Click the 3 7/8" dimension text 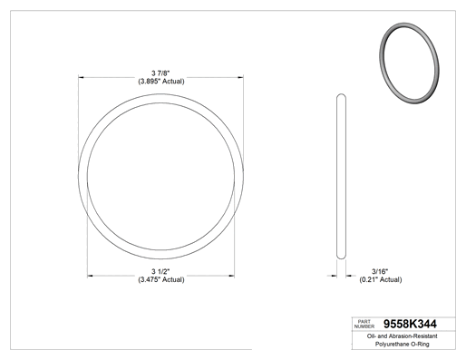[x=160, y=73]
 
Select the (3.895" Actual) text [x=161, y=82]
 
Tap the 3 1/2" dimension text [x=160, y=271]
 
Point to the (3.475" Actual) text [x=161, y=279]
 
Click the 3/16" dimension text [x=380, y=271]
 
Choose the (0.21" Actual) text [x=381, y=279]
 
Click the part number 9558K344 [x=410, y=324]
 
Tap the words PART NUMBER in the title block [x=364, y=324]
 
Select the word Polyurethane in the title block [x=390, y=344]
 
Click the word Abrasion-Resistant [x=413, y=336]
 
